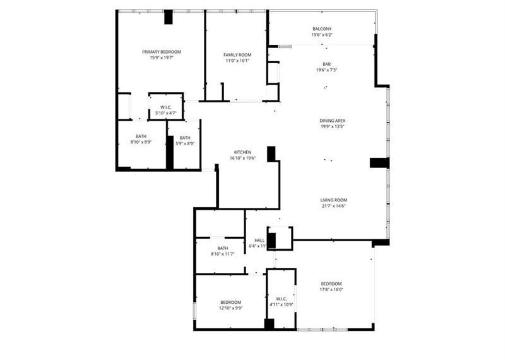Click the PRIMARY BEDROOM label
(x=162, y=52)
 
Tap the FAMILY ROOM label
(x=237, y=56)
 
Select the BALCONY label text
(x=322, y=29)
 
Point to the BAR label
(x=327, y=64)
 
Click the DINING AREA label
(x=333, y=120)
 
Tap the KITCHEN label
(x=243, y=152)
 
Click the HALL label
(x=259, y=240)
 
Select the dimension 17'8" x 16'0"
(x=331, y=289)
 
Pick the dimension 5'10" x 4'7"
(x=166, y=113)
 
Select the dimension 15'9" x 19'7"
(x=162, y=58)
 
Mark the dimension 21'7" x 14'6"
(x=333, y=206)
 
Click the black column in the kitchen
(x=271, y=154)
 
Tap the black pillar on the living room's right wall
(x=379, y=162)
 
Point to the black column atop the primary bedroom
(x=169, y=17)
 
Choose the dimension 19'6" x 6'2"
(x=322, y=35)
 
